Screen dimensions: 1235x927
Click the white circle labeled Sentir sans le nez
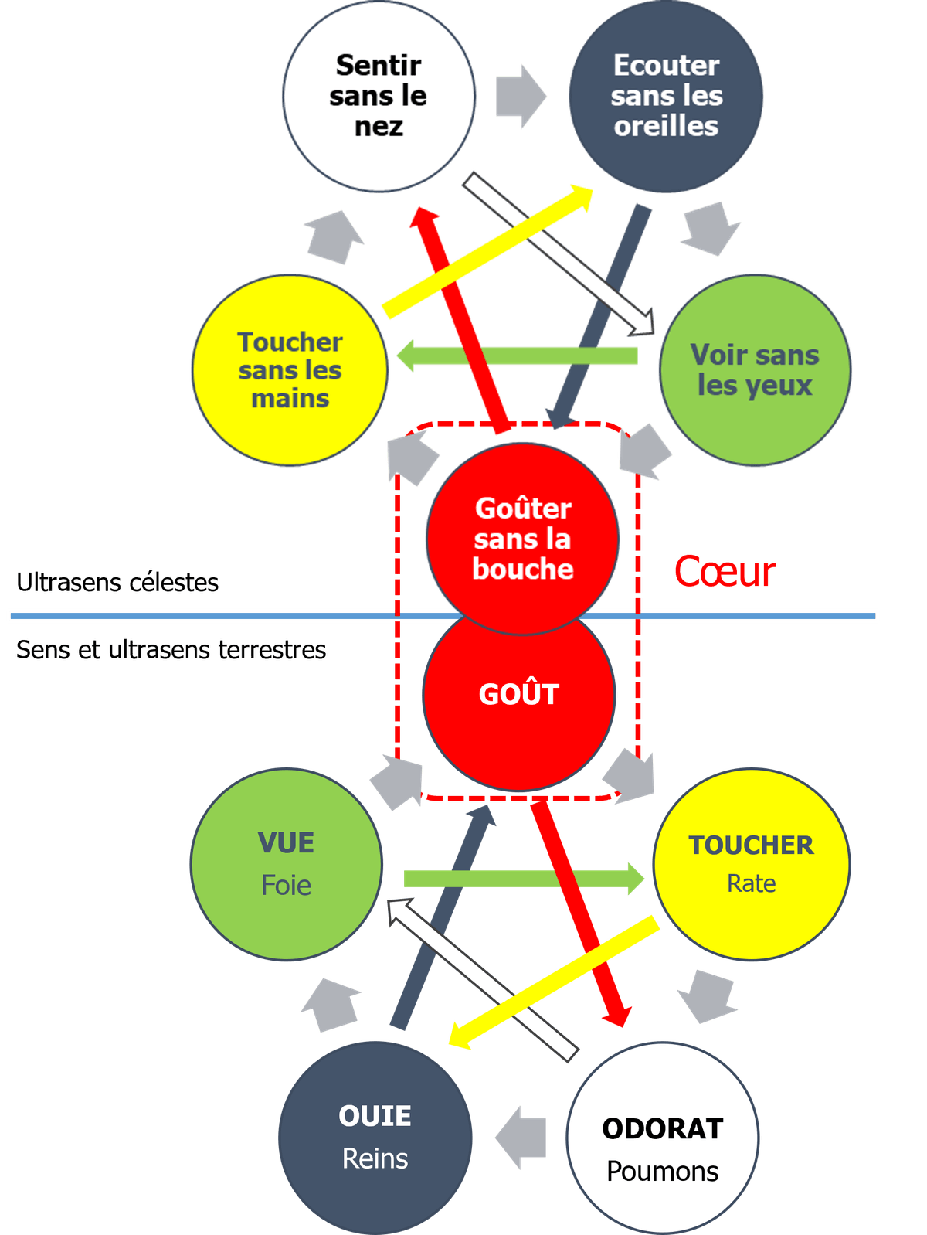point(379,96)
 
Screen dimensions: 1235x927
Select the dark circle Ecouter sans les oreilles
point(666,96)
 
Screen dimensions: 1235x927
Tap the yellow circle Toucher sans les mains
point(290,370)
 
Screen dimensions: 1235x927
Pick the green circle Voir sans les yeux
point(755,370)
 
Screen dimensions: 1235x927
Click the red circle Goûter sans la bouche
point(523,539)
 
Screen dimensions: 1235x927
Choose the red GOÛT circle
point(518,694)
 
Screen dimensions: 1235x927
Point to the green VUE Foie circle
point(287,863)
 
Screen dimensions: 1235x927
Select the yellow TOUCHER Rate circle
point(751,863)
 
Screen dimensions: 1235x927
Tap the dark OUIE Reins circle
point(375,1136)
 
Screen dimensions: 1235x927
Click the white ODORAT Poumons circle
point(663,1138)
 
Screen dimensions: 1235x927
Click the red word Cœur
point(725,572)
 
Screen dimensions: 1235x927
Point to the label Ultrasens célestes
point(117,582)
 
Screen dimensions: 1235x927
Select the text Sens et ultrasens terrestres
point(171,650)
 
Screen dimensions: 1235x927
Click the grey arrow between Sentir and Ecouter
point(520,97)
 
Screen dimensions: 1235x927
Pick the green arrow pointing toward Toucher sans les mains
point(518,356)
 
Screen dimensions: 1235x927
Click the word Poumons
point(663,1172)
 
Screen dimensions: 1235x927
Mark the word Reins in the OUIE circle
point(375,1158)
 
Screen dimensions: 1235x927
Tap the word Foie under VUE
point(287,885)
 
